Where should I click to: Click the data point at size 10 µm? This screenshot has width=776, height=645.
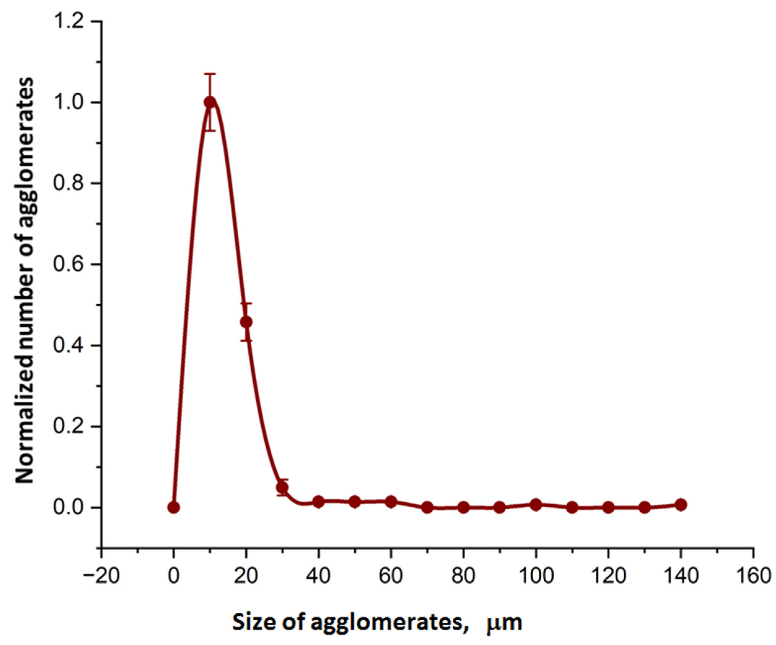pyautogui.click(x=210, y=103)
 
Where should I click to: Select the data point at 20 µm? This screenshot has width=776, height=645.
pyautogui.click(x=246, y=322)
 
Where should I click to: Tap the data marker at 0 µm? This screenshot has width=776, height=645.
pyautogui.click(x=173, y=507)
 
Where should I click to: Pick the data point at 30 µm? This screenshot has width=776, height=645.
pyautogui.click(x=282, y=488)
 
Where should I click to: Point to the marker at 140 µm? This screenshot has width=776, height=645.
pyautogui.click(x=681, y=505)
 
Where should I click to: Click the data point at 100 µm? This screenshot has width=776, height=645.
pyautogui.click(x=536, y=505)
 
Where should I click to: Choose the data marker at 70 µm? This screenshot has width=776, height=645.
pyautogui.click(x=427, y=507)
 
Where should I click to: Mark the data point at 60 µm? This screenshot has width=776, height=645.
pyautogui.click(x=391, y=502)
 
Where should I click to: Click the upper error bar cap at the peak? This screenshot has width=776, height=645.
pyautogui.click(x=210, y=74)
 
